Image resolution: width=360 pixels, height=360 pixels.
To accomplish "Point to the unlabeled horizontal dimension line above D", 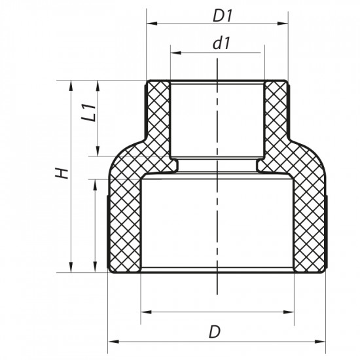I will (x=217, y=310).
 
